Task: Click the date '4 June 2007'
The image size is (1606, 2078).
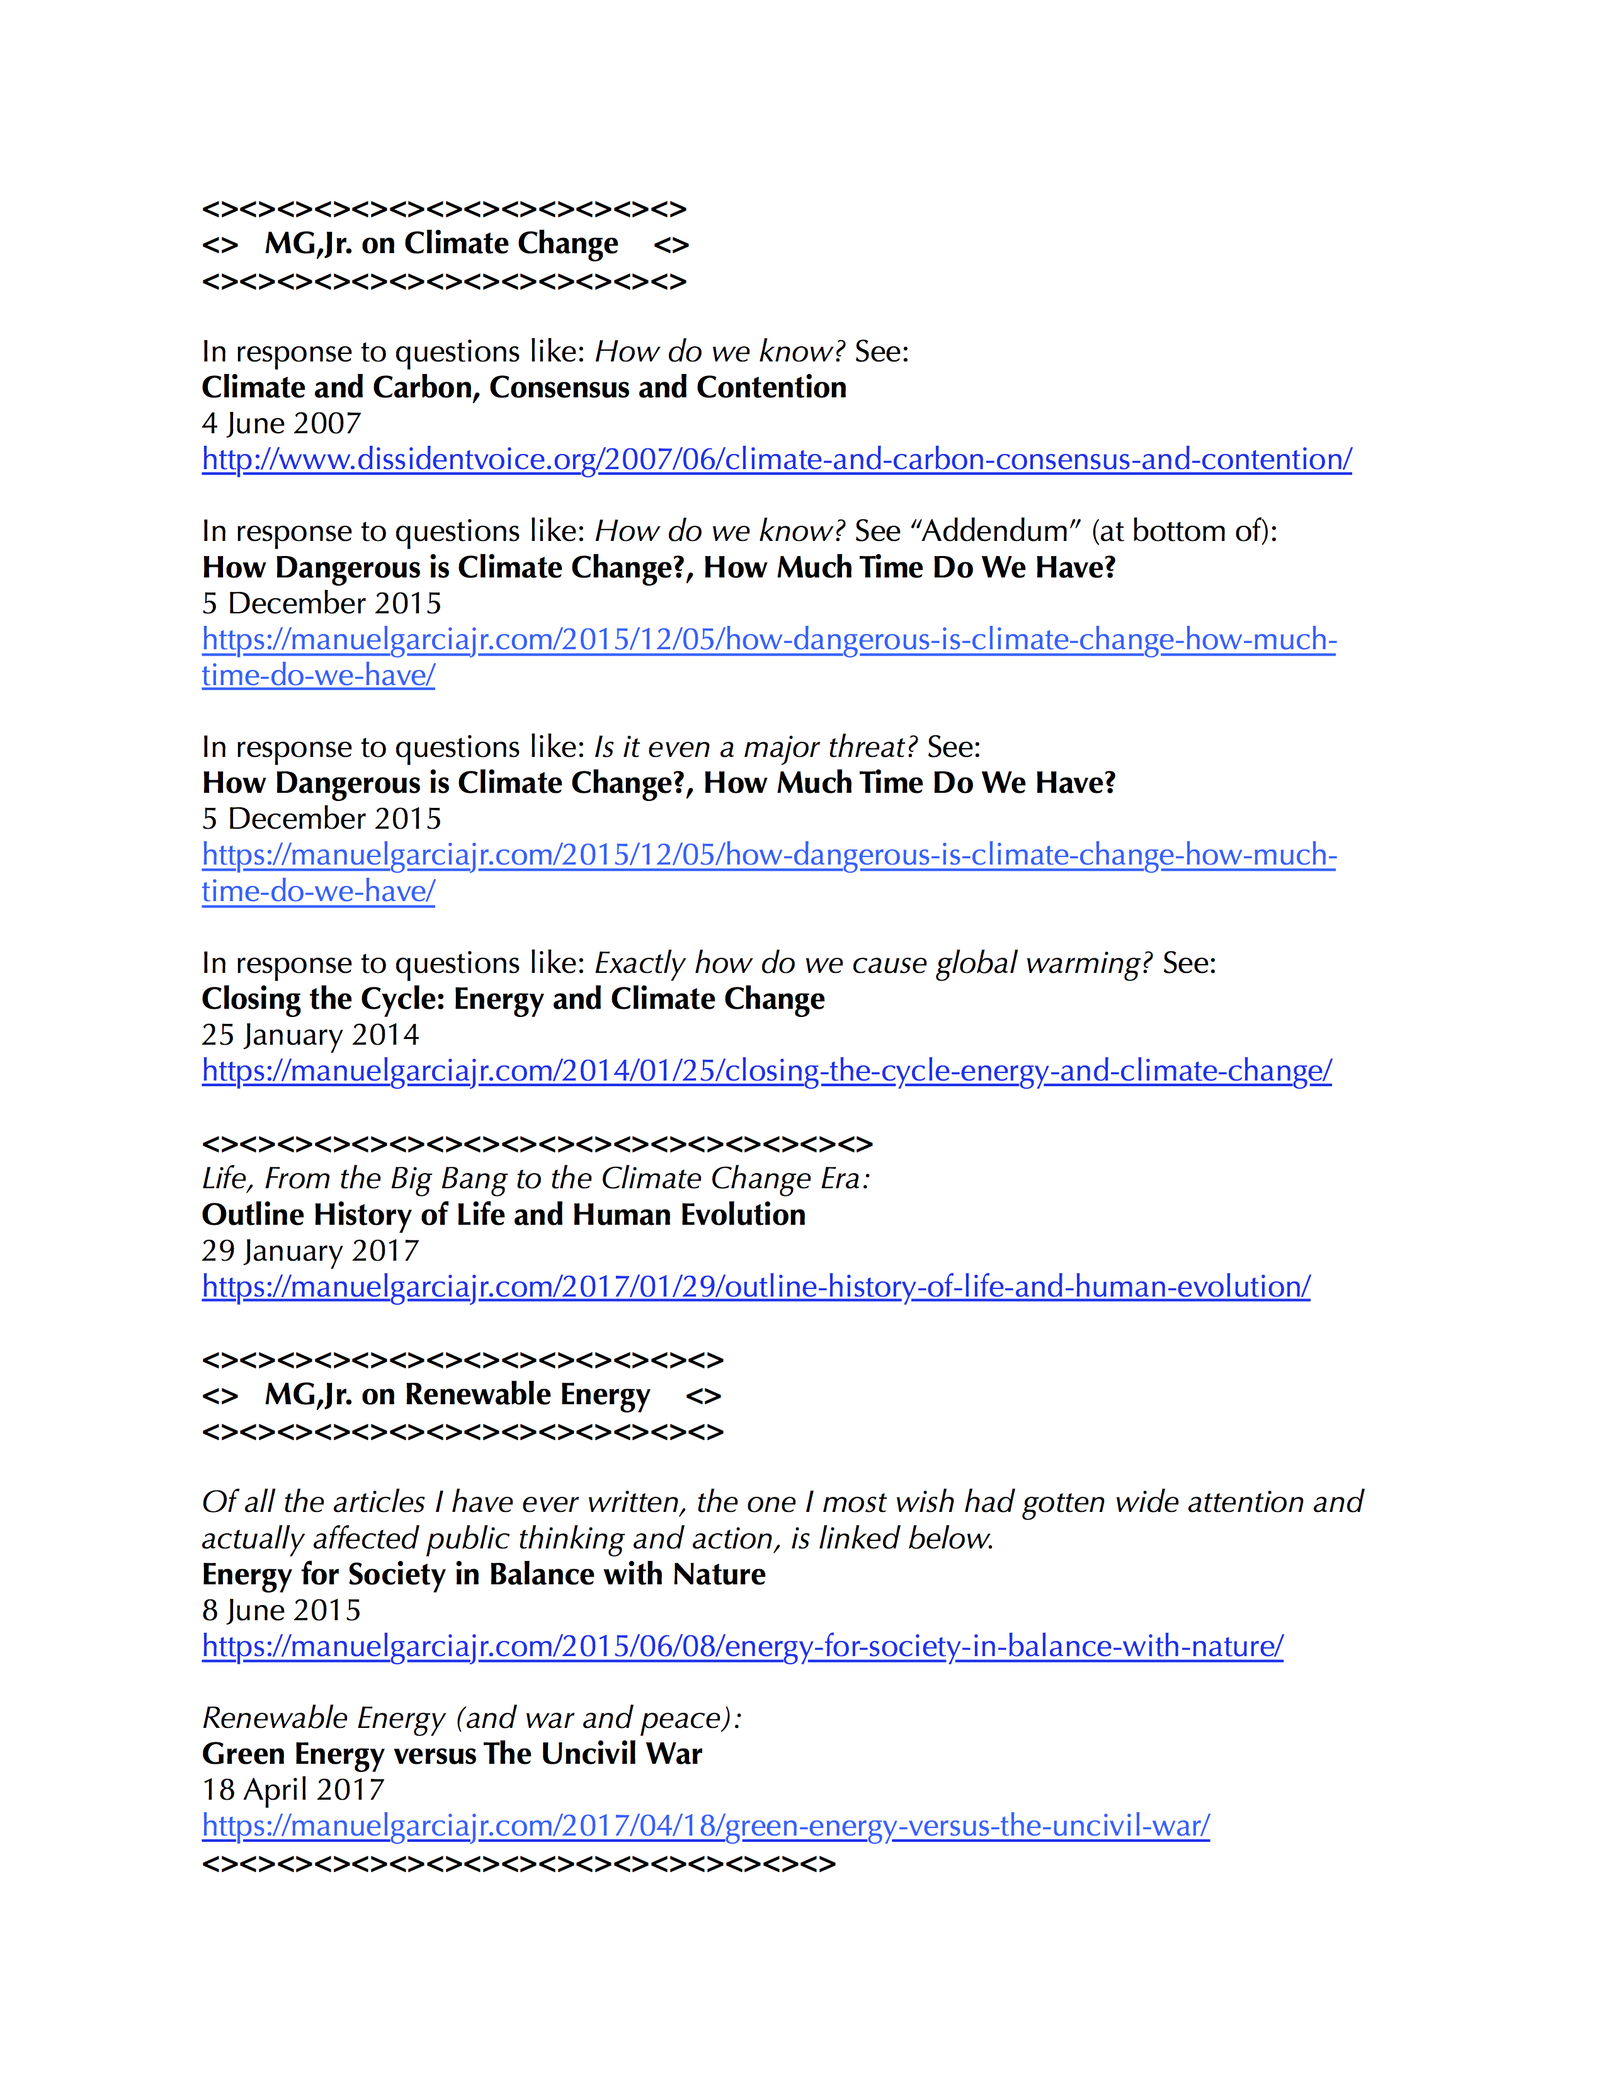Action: (281, 423)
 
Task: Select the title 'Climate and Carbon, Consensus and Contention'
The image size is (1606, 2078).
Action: (523, 387)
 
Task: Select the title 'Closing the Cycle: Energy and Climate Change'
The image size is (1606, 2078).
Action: (513, 999)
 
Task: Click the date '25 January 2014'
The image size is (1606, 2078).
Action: (310, 1035)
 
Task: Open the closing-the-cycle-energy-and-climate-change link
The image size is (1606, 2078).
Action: (766, 1071)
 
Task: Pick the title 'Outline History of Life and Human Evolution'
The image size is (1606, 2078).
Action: (503, 1215)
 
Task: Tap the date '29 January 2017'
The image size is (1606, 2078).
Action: (310, 1251)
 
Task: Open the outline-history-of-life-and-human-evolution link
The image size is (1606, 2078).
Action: (755, 1287)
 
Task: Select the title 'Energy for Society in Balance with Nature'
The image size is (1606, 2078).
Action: (483, 1575)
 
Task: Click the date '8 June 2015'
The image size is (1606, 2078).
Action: (281, 1611)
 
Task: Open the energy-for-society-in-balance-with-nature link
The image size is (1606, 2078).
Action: (742, 1647)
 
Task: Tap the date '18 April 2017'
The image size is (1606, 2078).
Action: (292, 1790)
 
